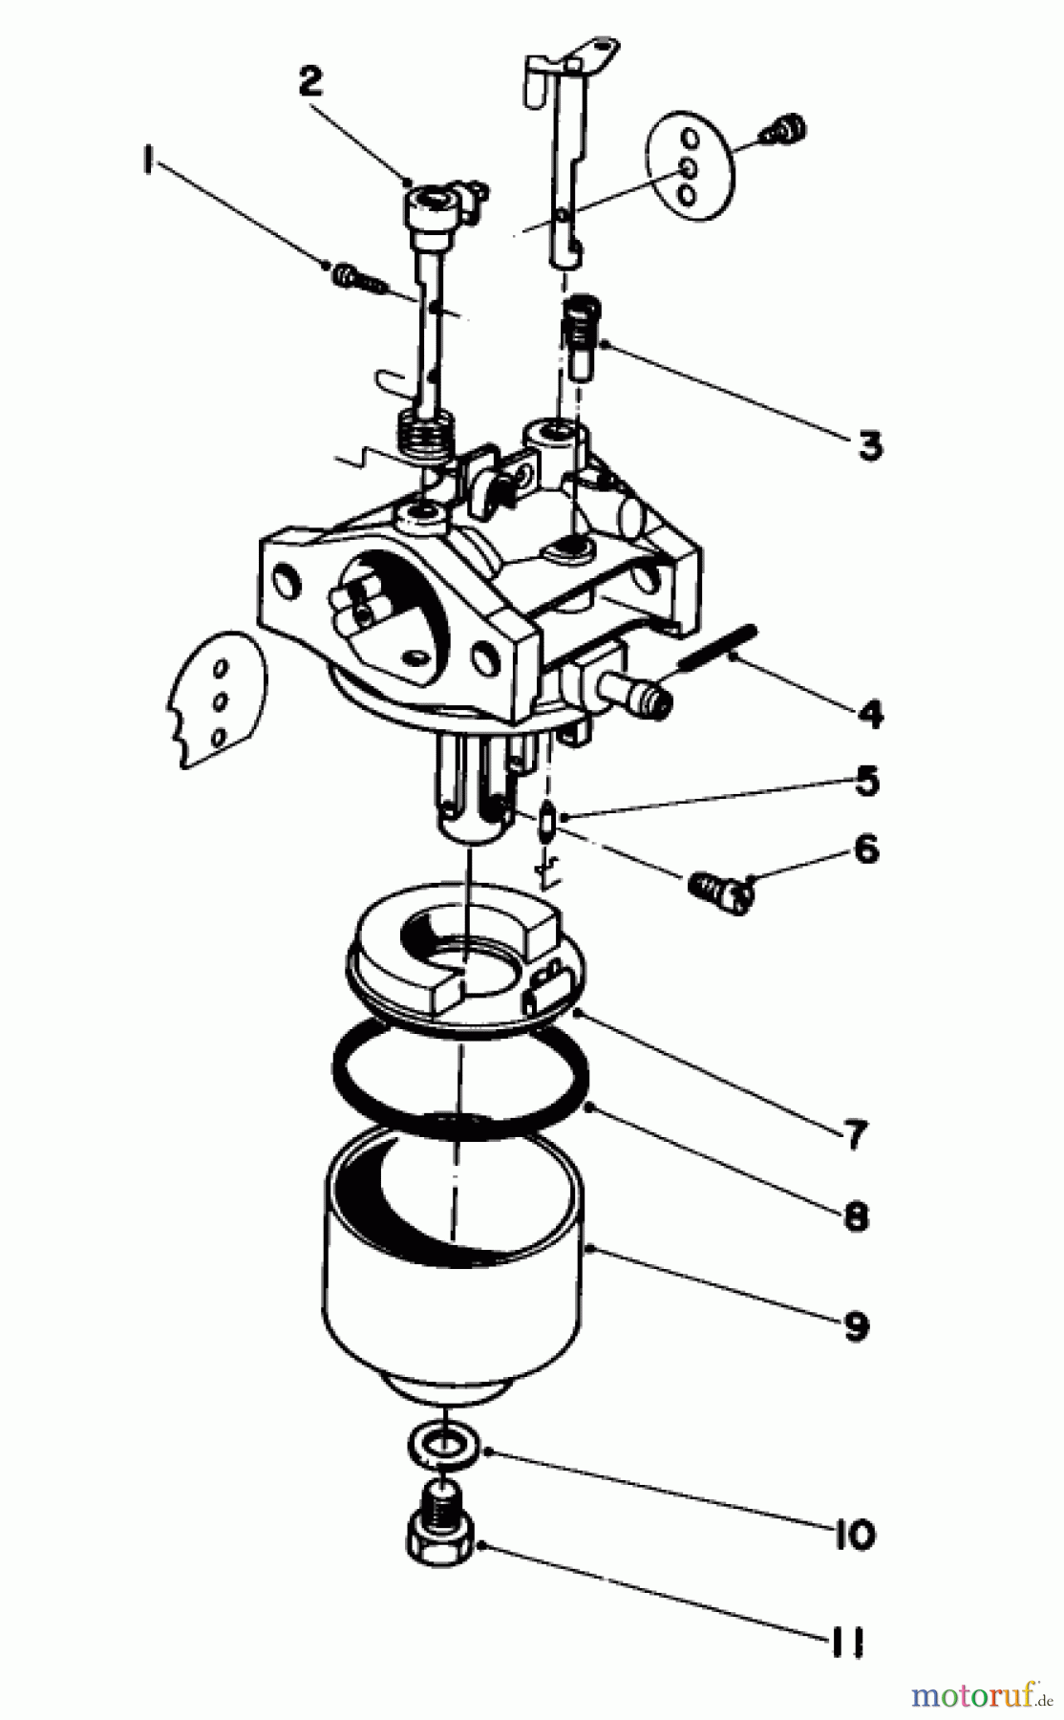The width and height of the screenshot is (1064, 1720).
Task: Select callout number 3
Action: (x=869, y=445)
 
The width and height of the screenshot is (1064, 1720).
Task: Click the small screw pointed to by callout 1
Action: (x=350, y=277)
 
